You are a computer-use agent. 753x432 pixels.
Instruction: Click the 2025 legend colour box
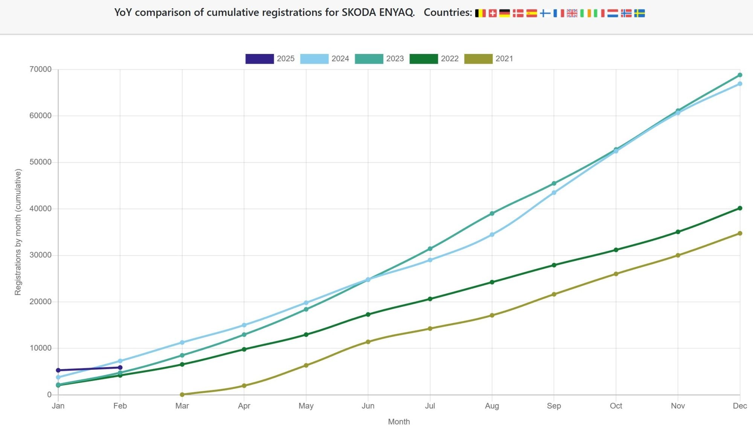[x=259, y=59]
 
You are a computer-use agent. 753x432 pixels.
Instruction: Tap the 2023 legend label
[x=395, y=59]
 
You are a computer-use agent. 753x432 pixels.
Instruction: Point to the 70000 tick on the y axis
[x=41, y=69]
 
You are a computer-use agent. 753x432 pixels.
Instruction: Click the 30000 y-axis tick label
[x=41, y=255]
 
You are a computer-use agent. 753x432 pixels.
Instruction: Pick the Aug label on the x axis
[x=492, y=406]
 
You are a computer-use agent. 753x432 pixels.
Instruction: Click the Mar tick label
[x=182, y=406]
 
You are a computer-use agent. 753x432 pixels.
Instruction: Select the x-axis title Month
[x=399, y=422]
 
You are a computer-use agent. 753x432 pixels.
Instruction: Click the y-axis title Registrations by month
[x=18, y=232]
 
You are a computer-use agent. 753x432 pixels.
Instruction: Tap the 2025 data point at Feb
[x=120, y=368]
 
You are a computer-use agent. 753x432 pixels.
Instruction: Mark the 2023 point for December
[x=740, y=75]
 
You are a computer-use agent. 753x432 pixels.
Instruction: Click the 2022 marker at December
[x=740, y=208]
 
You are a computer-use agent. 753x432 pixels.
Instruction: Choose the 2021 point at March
[x=182, y=395]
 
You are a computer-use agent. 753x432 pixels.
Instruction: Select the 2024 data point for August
[x=492, y=235]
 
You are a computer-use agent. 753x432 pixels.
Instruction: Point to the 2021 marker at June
[x=368, y=342]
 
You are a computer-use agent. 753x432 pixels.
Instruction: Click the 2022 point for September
[x=554, y=265]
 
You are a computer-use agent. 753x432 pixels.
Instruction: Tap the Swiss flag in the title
[x=492, y=14]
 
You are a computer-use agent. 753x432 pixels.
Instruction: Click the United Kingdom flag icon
[x=572, y=14]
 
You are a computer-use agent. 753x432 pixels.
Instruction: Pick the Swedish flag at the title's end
[x=639, y=14]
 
